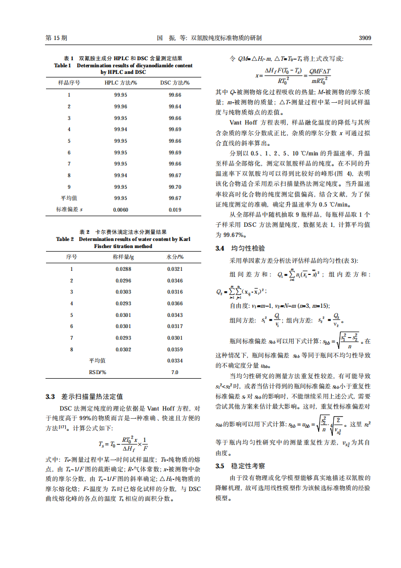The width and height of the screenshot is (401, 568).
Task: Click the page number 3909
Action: tap(365, 38)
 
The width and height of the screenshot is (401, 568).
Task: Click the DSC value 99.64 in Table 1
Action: tap(175, 106)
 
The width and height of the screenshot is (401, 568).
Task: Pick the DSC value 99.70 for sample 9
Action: tap(175, 186)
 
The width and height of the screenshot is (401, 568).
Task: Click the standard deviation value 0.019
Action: tap(175, 210)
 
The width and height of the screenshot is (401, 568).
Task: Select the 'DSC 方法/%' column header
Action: tap(175, 83)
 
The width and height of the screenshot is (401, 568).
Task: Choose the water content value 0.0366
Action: tap(175, 303)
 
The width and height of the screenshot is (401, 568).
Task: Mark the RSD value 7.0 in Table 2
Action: tap(175, 372)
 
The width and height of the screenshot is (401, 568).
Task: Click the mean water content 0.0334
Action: tap(175, 360)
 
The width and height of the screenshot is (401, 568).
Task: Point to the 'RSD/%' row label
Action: tap(98, 372)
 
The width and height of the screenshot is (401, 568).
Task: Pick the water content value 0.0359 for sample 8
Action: tap(175, 349)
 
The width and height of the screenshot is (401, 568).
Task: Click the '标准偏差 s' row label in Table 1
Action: tap(69, 210)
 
